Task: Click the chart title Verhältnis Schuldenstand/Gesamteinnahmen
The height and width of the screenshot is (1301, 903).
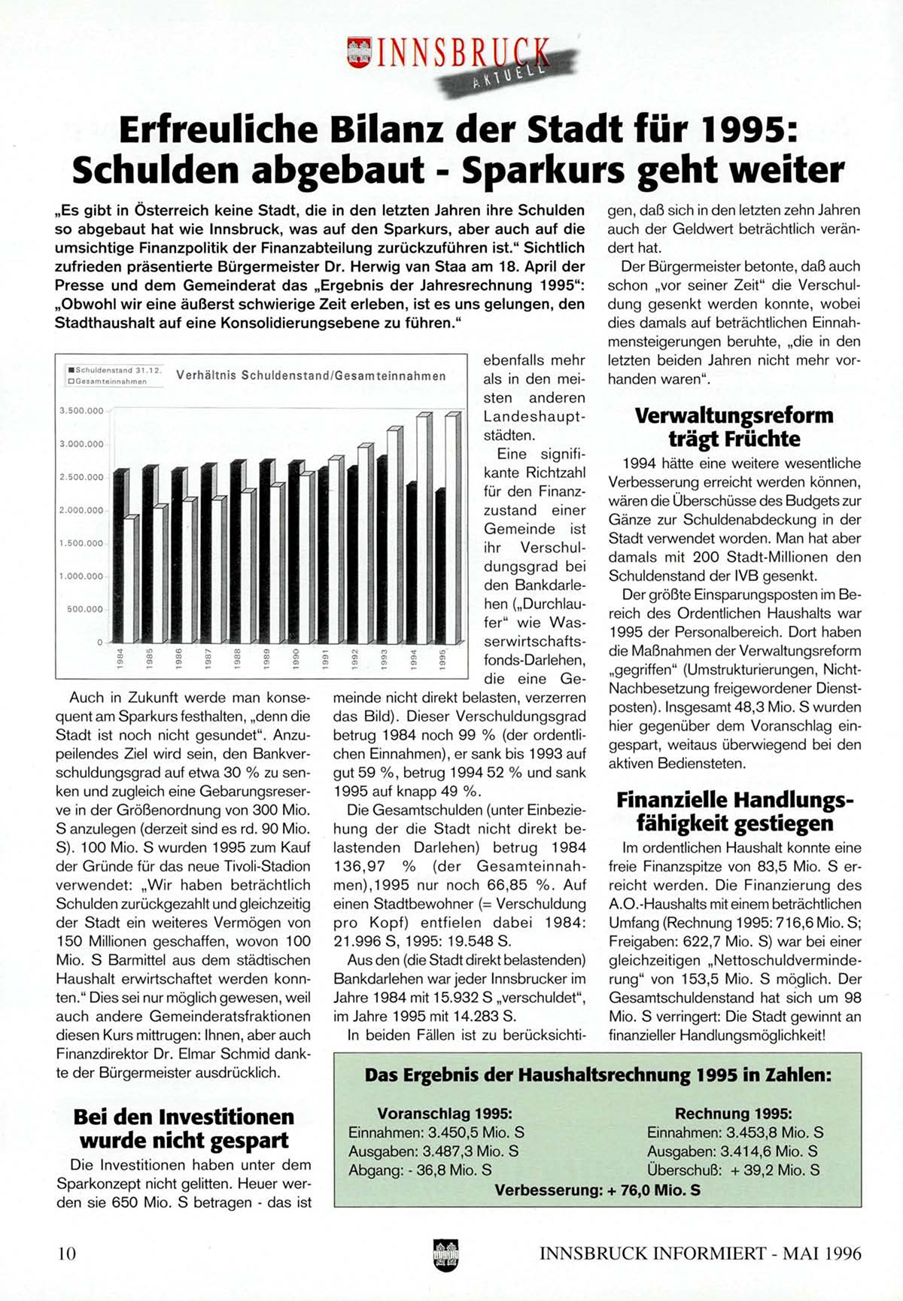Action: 311,375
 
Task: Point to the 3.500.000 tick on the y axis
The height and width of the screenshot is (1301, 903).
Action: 81,411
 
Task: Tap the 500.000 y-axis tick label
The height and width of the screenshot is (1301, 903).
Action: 84,609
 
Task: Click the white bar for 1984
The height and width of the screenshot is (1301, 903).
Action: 129,579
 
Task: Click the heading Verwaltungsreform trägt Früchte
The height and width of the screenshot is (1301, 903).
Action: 734,427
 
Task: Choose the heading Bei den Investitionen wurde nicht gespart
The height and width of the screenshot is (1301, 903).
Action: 184,1128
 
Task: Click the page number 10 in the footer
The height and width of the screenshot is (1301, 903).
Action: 66,1254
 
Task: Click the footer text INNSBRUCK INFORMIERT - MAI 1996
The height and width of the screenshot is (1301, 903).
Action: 700,1254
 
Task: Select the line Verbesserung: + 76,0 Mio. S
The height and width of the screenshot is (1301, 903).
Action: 597,1190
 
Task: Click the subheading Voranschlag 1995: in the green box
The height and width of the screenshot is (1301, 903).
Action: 445,1113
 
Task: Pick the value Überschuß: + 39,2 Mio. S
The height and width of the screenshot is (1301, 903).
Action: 733,1170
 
